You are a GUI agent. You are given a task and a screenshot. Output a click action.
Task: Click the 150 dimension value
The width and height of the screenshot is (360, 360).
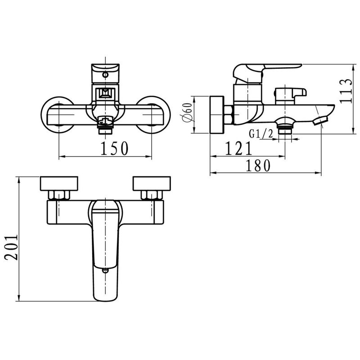114,148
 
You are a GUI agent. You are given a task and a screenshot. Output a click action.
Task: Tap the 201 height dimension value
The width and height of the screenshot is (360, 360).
11,247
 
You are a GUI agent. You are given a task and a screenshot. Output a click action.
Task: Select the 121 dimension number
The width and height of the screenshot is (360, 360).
238,148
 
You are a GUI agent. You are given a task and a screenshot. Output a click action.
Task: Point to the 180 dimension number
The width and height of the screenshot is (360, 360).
258,166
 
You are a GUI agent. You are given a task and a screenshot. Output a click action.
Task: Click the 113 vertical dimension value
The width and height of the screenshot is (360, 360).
346,91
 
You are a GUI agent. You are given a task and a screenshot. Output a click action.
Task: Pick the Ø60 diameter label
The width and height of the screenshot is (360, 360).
187,112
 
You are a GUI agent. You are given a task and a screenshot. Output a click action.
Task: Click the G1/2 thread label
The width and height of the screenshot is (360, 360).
261,134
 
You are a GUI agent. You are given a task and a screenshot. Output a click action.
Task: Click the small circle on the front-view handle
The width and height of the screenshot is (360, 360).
105,75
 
